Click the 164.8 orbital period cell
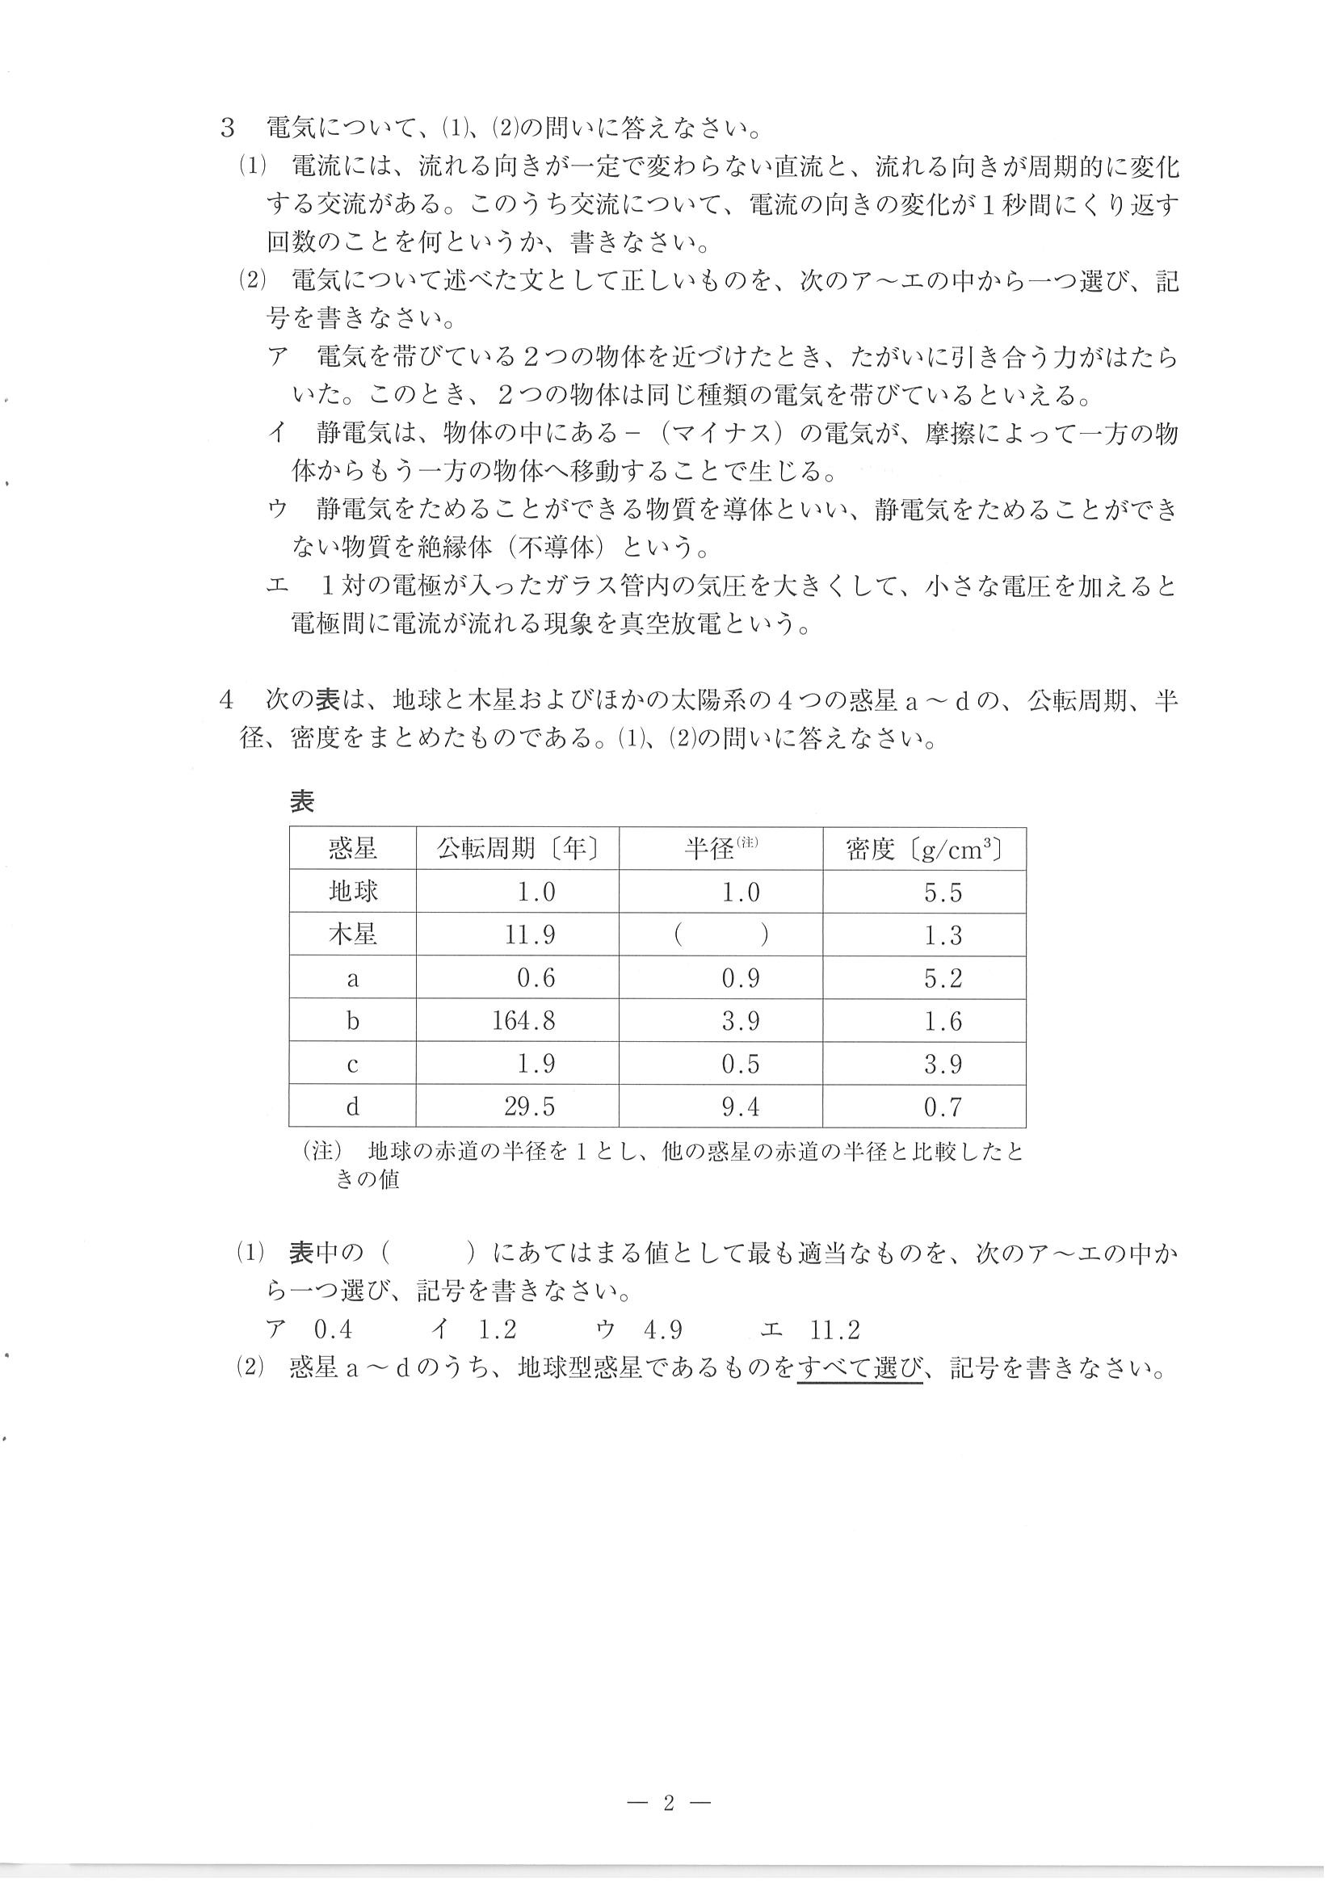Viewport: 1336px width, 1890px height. [523, 1022]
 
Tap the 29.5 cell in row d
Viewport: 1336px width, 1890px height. [530, 1107]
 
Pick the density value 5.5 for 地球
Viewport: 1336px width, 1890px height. [943, 892]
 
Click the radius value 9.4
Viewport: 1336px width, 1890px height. [740, 1107]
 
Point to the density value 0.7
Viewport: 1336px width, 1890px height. [943, 1107]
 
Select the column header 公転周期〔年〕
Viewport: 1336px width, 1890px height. [518, 849]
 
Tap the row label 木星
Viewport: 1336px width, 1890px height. [353, 935]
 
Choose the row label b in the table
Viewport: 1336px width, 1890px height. [353, 1022]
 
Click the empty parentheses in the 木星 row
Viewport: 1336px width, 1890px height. [721, 936]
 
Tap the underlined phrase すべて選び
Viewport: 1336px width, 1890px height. [860, 1369]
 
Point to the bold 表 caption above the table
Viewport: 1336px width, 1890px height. [302, 801]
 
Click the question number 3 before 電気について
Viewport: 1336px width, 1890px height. [228, 129]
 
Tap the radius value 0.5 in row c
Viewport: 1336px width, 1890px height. [740, 1065]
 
